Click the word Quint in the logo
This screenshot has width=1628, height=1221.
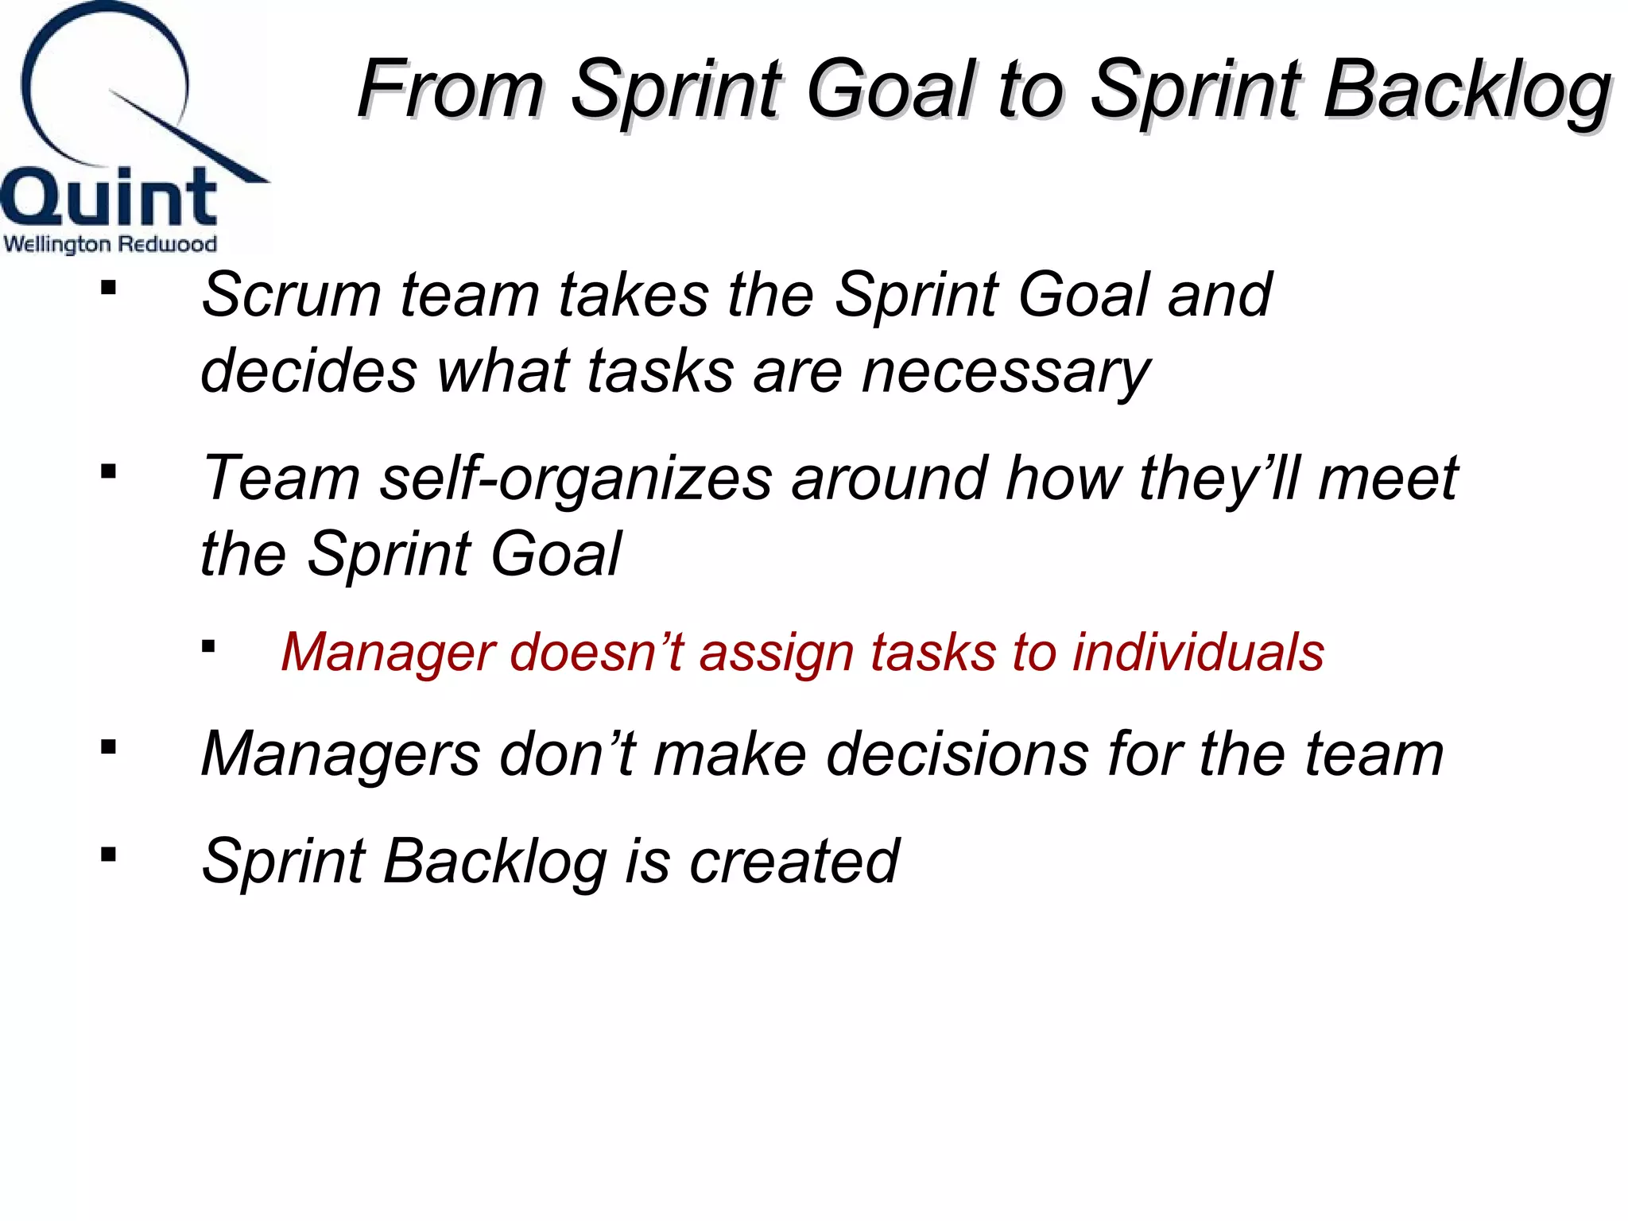109,197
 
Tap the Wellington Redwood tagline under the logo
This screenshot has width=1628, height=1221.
110,243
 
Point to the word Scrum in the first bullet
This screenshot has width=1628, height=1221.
291,295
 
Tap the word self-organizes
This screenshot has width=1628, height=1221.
576,479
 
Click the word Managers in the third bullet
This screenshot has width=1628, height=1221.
340,754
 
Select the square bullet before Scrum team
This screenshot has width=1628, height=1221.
109,288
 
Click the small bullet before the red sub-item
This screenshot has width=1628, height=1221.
208,646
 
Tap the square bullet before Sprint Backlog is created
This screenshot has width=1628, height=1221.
109,855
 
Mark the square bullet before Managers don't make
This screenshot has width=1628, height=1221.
109,747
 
